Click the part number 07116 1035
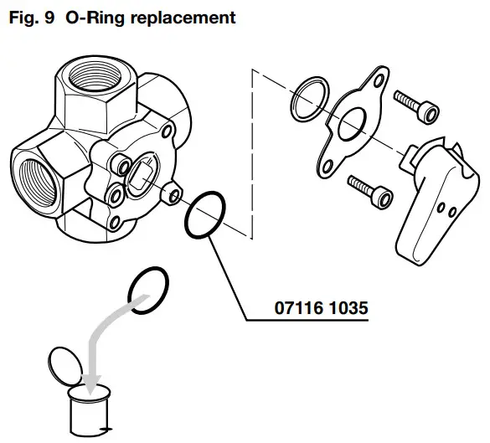pyautogui.click(x=322, y=309)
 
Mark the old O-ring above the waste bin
pyautogui.click(x=148, y=290)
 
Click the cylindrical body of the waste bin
pyautogui.click(x=89, y=415)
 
